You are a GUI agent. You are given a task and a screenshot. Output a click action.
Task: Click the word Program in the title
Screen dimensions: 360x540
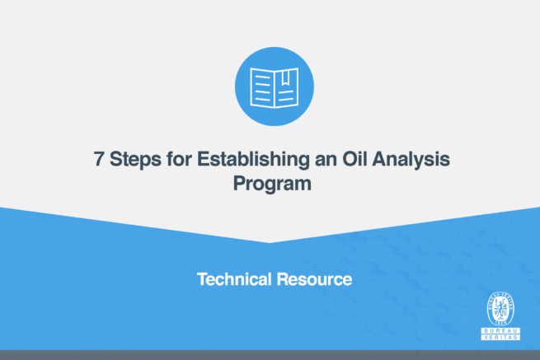(270, 184)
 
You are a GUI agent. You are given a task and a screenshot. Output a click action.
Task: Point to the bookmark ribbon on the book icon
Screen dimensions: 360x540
(284, 77)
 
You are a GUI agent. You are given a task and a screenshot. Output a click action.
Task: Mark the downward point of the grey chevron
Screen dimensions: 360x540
(270, 242)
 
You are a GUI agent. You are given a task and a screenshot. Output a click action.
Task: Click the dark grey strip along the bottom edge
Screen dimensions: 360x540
(270, 355)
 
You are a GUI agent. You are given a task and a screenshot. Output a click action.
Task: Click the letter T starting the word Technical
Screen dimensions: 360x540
(201, 279)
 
